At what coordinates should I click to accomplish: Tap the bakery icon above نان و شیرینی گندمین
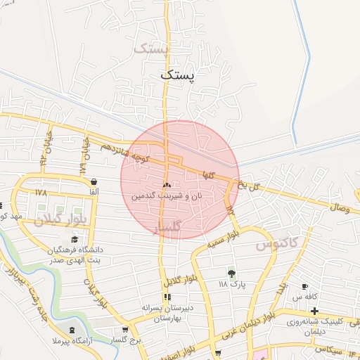pyautogui.click(x=167, y=185)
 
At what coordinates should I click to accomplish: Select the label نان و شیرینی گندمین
pyautogui.click(x=167, y=195)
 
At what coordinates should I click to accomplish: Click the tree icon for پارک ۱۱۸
pyautogui.click(x=232, y=273)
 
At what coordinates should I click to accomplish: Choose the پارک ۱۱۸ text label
pyautogui.click(x=233, y=284)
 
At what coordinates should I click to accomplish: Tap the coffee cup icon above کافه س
pyautogui.click(x=304, y=287)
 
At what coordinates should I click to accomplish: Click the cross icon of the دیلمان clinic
pyautogui.click(x=315, y=311)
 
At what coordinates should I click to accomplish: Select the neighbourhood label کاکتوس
pyautogui.click(x=276, y=245)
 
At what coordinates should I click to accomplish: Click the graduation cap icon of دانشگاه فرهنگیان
pyautogui.click(x=75, y=240)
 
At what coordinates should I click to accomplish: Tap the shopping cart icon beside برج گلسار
pyautogui.click(x=125, y=329)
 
